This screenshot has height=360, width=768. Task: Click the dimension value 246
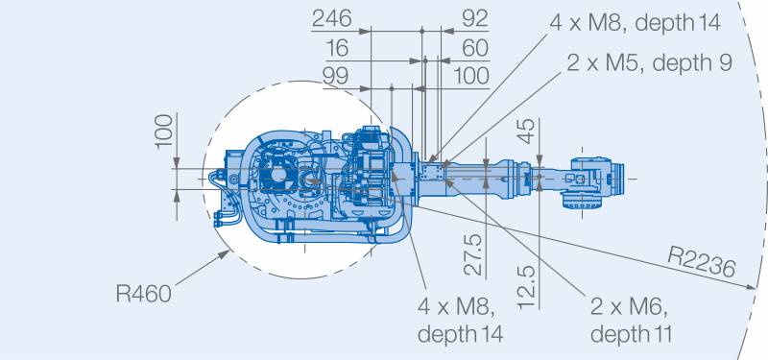point(331,18)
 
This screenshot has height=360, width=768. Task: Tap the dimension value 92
point(474,18)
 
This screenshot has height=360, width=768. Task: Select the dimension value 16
point(337,48)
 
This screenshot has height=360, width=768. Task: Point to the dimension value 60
point(475,48)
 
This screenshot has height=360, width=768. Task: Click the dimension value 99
point(335,76)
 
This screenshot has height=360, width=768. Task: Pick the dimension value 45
point(527,131)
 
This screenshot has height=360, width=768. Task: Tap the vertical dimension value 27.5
point(473,255)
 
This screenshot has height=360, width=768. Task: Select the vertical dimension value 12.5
point(527,287)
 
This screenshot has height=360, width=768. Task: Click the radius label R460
point(143,294)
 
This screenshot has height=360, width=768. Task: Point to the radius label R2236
point(702,262)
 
